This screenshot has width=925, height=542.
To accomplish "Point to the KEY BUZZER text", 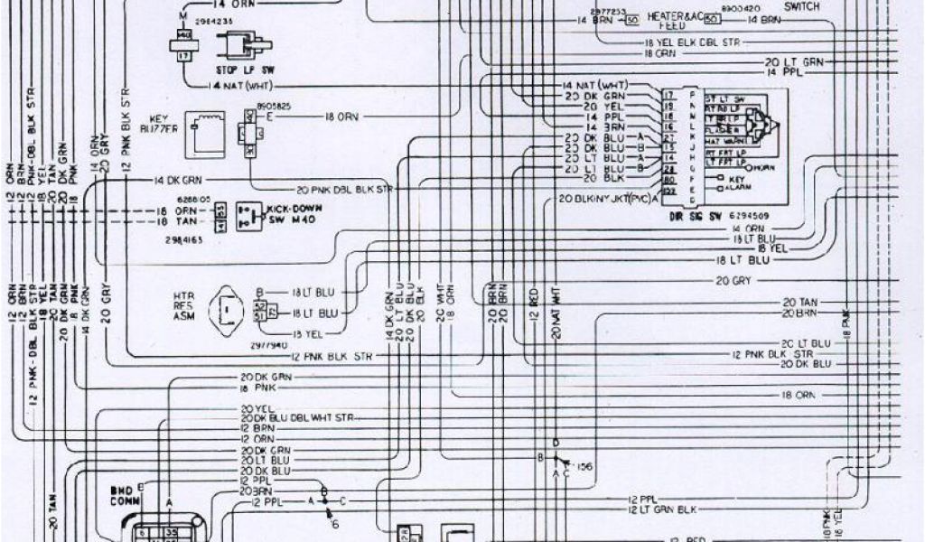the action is [x=159, y=125].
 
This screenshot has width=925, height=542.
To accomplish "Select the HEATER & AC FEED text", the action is [x=672, y=23].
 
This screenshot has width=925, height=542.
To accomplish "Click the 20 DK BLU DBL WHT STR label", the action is [x=298, y=418].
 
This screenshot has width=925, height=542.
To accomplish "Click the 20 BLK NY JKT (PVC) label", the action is [x=607, y=197].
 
